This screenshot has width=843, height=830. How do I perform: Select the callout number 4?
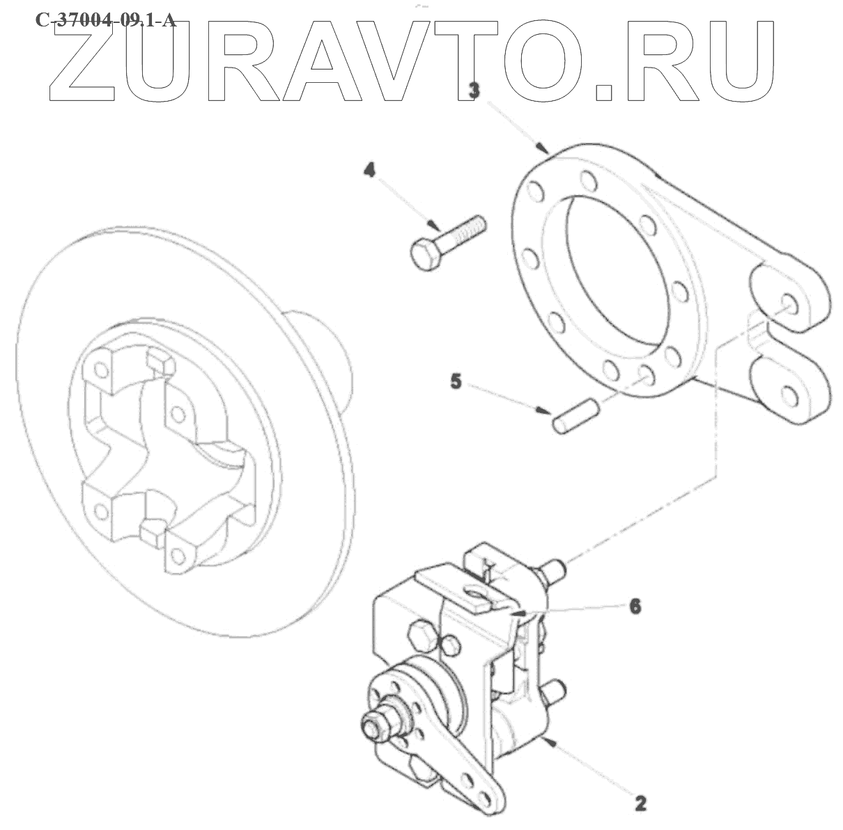(369, 169)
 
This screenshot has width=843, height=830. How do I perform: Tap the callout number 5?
(456, 382)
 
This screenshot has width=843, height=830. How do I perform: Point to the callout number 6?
(635, 606)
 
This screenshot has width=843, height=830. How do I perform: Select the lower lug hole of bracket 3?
(789, 394)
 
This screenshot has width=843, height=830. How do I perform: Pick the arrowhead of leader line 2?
(550, 742)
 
